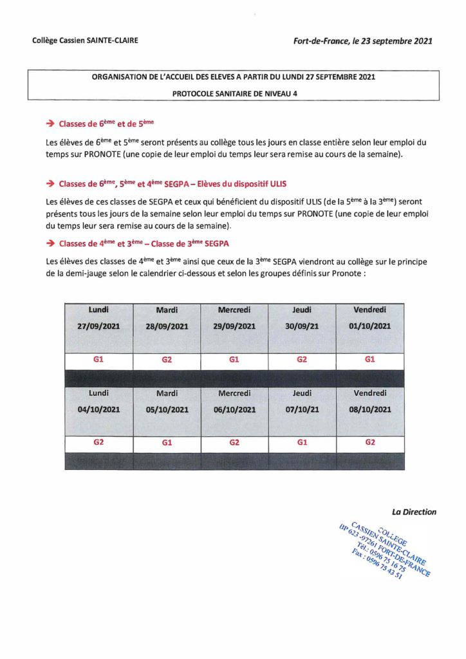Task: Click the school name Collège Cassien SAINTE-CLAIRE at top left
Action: coord(85,41)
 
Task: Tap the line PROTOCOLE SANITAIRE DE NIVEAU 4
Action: coord(234,93)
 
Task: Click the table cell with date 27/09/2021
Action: coord(99,326)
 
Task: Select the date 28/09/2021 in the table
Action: coord(167,326)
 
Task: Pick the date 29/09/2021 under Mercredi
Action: coord(234,326)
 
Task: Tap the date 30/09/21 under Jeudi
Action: coord(302,326)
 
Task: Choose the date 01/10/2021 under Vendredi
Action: coord(369,326)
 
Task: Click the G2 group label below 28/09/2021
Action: coord(167,360)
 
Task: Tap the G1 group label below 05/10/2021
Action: coord(167,443)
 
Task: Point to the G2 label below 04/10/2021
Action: coord(99,443)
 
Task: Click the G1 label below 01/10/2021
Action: coord(369,360)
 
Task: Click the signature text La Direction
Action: coord(414,512)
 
